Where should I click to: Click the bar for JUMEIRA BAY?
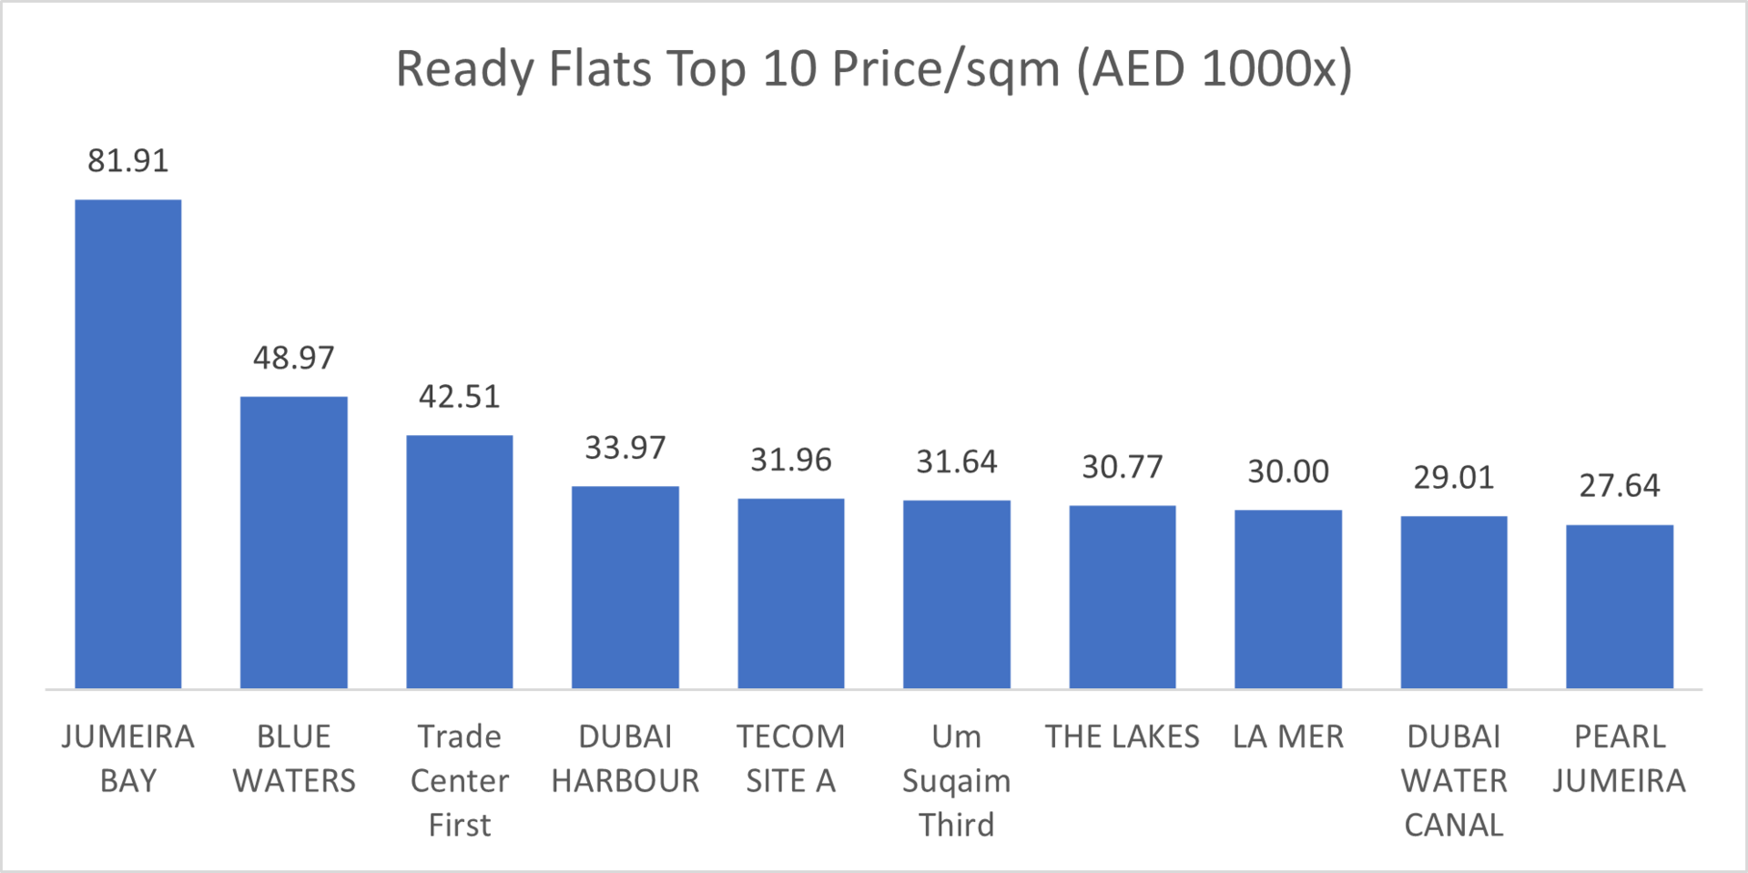[127, 443]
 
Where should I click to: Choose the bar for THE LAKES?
[1122, 596]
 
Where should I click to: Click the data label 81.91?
[127, 161]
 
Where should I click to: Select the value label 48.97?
[293, 358]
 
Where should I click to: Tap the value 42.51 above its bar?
[459, 397]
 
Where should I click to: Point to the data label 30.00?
[1287, 472]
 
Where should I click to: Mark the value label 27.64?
[1619, 486]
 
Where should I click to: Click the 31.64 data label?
[956, 462]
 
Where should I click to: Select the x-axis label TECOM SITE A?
[790, 758]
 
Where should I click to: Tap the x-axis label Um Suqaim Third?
[956, 780]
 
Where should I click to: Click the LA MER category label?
[1287, 736]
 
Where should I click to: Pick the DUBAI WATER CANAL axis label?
[1453, 780]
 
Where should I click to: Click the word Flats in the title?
[600, 69]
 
